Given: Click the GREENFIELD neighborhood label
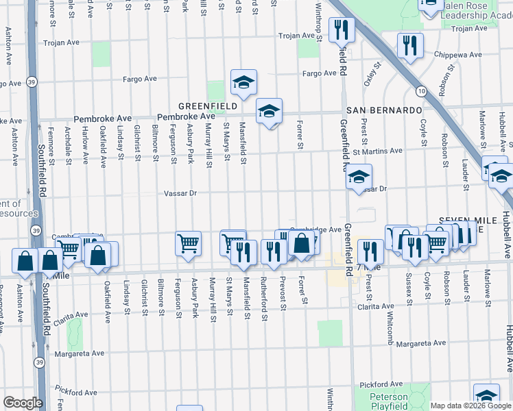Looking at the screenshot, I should pyautogui.click(x=208, y=106).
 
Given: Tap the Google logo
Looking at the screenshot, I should pyautogui.click(x=23, y=403).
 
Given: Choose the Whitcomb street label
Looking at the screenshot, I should pyautogui.click(x=389, y=298).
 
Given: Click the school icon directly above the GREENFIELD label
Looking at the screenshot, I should pyautogui.click(x=243, y=83).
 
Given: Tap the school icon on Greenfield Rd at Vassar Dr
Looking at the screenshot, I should pyautogui.click(x=358, y=177).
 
